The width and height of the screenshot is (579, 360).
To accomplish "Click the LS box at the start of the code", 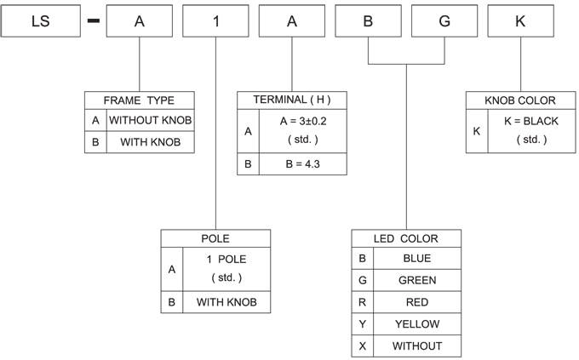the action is pyautogui.click(x=41, y=21).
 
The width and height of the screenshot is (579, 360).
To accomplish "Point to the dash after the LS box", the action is pyautogui.click(x=94, y=21).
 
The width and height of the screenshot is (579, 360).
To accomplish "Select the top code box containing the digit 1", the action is pyautogui.click(x=215, y=21).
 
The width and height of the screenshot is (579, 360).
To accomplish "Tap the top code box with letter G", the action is pyautogui.click(x=444, y=21).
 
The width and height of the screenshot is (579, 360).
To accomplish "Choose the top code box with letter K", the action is pyautogui.click(x=520, y=21).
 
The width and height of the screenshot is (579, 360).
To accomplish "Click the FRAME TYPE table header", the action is pyautogui.click(x=139, y=100).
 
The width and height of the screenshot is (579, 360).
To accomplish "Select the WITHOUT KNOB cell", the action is pyautogui.click(x=151, y=120).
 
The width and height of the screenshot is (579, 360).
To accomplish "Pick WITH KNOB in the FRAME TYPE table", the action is pyautogui.click(x=151, y=142).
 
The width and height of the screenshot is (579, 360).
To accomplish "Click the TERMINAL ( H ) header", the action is pyautogui.click(x=292, y=100).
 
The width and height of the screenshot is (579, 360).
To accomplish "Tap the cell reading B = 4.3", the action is pyautogui.click(x=303, y=164).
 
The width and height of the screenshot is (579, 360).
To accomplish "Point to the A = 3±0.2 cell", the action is pyautogui.click(x=303, y=131).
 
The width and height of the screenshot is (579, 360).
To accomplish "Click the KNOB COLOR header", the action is pyautogui.click(x=520, y=100).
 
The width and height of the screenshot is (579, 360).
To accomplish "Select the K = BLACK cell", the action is pyautogui.click(x=531, y=131).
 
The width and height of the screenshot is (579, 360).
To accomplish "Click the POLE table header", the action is pyautogui.click(x=215, y=238).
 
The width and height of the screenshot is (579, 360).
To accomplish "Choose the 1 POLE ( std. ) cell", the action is pyautogui.click(x=226, y=269).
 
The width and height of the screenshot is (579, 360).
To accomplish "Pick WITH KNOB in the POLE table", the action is pyautogui.click(x=226, y=302).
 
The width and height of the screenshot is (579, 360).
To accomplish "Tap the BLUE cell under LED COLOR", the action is pyautogui.click(x=417, y=258).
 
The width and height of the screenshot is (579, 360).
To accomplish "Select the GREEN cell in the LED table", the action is pyautogui.click(x=417, y=280).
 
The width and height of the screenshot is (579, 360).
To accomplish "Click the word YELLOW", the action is pyautogui.click(x=417, y=324).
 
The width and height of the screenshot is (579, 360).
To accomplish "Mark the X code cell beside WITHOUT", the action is pyautogui.click(x=362, y=346).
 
